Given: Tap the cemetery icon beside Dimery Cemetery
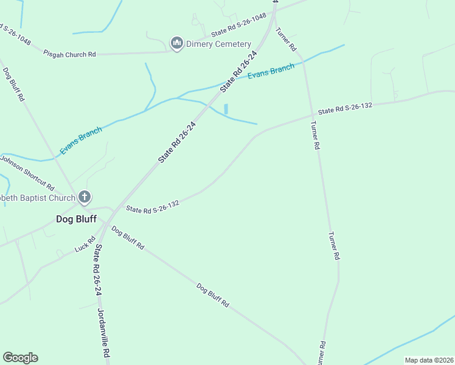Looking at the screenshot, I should pos(177,43).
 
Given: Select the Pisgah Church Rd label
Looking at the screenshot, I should pos(69,54).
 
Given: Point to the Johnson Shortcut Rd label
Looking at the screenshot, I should pos(27,172).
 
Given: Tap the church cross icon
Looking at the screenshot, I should pos(85,197).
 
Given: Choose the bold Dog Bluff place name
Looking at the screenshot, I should pos(76,219).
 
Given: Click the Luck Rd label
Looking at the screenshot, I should pos(85,245).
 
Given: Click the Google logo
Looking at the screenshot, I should pos(20,358).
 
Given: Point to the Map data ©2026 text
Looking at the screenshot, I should pos(428,360).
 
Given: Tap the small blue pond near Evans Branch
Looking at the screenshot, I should pos(226,109).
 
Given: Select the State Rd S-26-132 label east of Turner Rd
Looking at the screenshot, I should pos(345,108).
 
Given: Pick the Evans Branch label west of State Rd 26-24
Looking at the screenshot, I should pos(81,140).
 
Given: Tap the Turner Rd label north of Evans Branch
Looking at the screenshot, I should pos(286,39).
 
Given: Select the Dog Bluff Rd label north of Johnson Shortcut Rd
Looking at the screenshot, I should pos(14,84).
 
